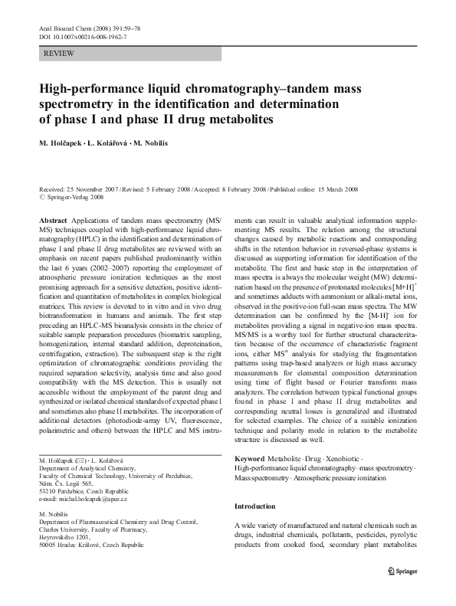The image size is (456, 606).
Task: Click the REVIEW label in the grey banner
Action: point(60,54)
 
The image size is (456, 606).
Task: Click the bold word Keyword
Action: point(253,458)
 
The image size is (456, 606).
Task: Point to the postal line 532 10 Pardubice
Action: point(84,490)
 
